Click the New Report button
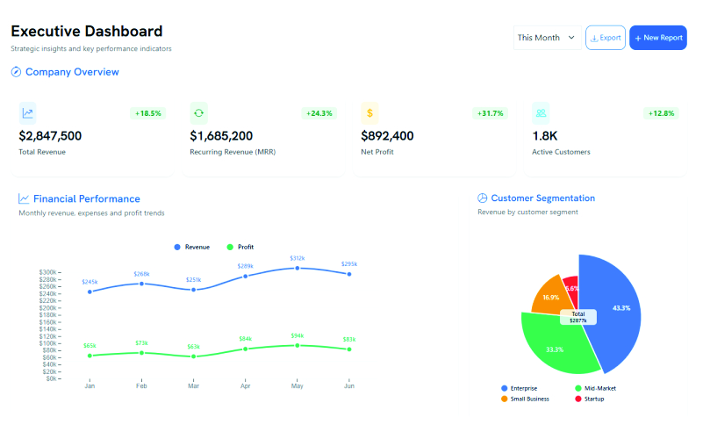pyautogui.click(x=657, y=38)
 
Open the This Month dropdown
pyautogui.click(x=546, y=38)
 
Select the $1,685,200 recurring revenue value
pyautogui.click(x=221, y=136)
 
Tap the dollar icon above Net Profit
pyautogui.click(x=370, y=112)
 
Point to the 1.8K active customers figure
pyautogui.click(x=545, y=136)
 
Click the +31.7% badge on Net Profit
pyautogui.click(x=490, y=113)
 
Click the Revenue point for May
pyautogui.click(x=298, y=268)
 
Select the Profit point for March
pyautogui.click(x=193, y=356)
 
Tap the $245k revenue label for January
pyautogui.click(x=90, y=282)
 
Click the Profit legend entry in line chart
pyautogui.click(x=240, y=247)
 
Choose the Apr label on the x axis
pyautogui.click(x=245, y=385)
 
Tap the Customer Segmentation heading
pyautogui.click(x=542, y=198)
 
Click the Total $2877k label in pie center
pyautogui.click(x=577, y=317)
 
